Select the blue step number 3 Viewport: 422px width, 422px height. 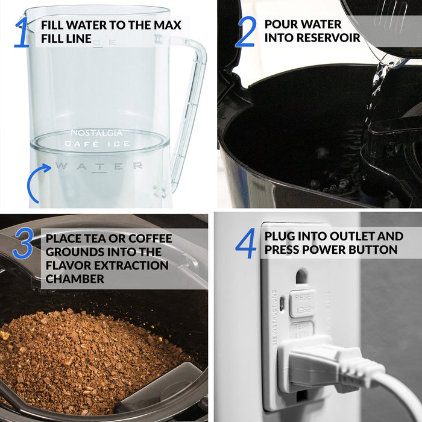(23, 243)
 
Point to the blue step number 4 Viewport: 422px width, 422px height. (246, 243)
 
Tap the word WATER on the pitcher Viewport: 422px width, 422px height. (99, 166)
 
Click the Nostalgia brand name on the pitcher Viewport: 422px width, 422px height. (96, 133)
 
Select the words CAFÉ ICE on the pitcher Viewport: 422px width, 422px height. (97, 144)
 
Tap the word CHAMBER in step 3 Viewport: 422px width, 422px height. (73, 279)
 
